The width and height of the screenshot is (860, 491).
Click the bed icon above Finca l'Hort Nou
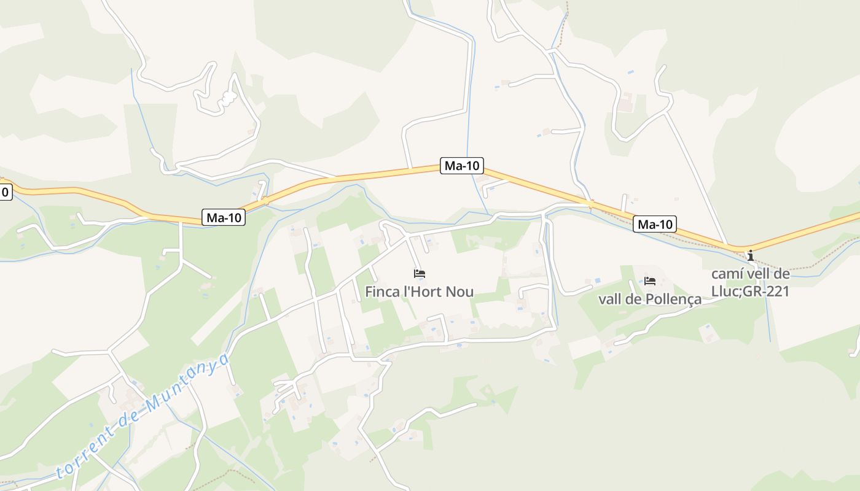[420, 274]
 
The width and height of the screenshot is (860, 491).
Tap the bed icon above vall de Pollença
[650, 282]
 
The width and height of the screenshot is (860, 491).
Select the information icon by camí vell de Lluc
[750, 255]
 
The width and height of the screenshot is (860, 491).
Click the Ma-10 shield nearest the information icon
[655, 225]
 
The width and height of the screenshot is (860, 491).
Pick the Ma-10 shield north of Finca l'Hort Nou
[462, 165]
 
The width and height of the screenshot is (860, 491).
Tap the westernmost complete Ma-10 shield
[224, 217]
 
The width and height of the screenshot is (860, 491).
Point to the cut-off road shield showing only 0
[5, 192]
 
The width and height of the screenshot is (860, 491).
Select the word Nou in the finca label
[460, 292]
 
